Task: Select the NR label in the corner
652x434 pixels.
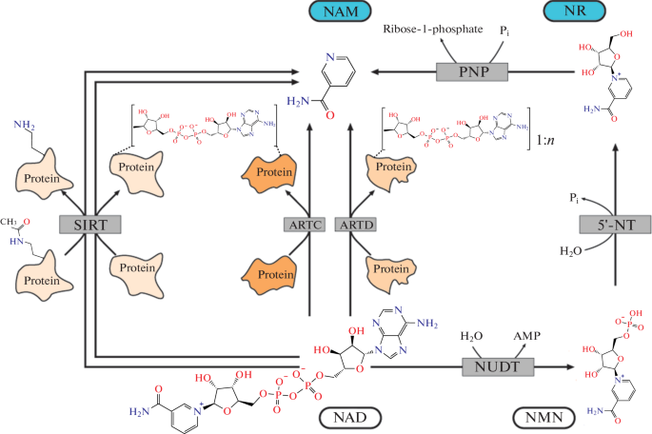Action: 610,13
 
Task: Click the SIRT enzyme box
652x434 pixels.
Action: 88,225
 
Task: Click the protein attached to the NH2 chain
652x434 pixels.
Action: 39,179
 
